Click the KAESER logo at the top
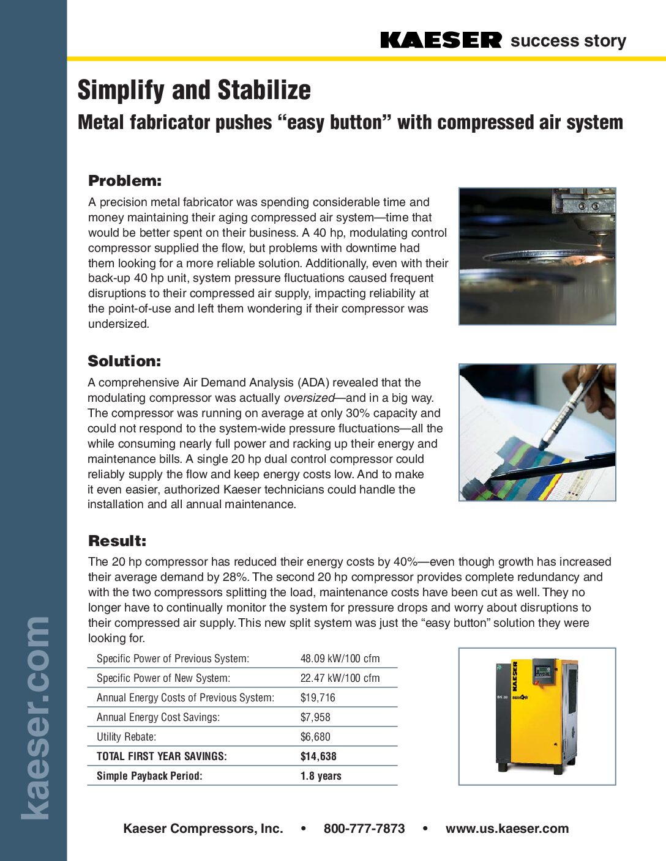(x=441, y=40)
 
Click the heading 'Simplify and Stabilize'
(x=194, y=91)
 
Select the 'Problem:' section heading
(x=125, y=181)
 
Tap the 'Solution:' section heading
(x=124, y=361)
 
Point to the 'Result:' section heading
(x=118, y=541)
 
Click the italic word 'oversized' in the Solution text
(x=309, y=398)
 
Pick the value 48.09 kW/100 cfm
(x=340, y=659)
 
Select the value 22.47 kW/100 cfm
(x=340, y=678)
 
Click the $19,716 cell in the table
(x=318, y=698)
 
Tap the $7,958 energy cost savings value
(x=315, y=717)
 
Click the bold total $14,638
(x=318, y=756)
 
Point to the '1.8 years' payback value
(x=321, y=776)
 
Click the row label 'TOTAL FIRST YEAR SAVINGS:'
(x=162, y=756)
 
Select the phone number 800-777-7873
(x=364, y=829)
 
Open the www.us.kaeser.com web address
(x=507, y=829)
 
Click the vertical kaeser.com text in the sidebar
(x=36, y=718)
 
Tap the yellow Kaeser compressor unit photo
(x=537, y=715)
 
